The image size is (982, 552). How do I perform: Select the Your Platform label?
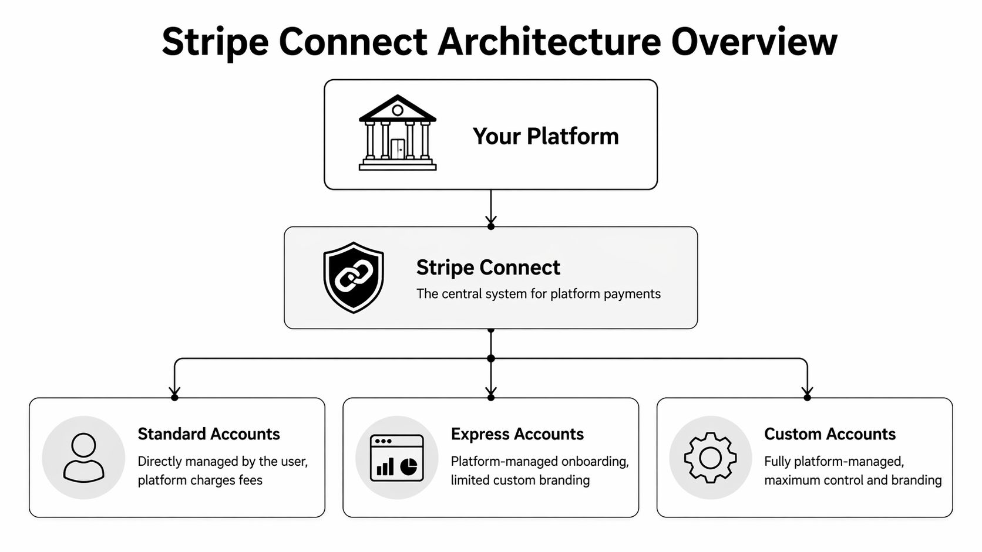[x=546, y=136]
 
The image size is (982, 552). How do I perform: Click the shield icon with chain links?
[x=354, y=277]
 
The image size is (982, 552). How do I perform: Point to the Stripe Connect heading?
[x=488, y=267]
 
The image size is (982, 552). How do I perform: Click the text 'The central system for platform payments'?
[x=538, y=293]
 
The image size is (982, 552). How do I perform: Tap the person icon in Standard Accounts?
[x=83, y=458]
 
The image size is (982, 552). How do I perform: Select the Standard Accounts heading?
[x=208, y=434]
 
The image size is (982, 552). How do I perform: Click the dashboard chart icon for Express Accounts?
[x=397, y=458]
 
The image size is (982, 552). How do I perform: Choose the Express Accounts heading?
[x=517, y=434]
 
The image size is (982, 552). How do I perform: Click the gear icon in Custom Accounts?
[x=710, y=458]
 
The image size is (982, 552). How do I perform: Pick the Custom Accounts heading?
[x=829, y=434]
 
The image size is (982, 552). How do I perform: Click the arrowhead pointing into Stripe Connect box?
[x=491, y=222]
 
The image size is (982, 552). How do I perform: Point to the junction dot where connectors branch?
[x=491, y=358]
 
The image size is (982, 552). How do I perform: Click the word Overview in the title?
[x=754, y=42]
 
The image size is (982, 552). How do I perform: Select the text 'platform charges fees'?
[x=200, y=480]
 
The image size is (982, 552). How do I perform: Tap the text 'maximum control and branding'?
[x=853, y=480]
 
